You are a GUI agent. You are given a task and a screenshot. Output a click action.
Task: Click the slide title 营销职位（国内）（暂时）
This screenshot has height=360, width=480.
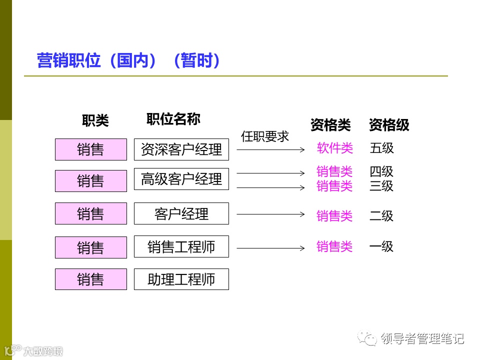(x=129, y=61)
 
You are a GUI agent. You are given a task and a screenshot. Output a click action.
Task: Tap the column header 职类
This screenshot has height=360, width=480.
(x=95, y=120)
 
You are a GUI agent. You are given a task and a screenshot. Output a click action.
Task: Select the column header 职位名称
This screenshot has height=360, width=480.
(x=173, y=119)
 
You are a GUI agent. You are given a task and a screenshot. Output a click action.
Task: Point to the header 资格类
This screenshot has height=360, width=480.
(x=330, y=125)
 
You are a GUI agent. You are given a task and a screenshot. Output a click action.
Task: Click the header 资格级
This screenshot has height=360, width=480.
(x=389, y=125)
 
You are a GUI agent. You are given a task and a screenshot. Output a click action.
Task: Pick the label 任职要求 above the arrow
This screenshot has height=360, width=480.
(x=265, y=136)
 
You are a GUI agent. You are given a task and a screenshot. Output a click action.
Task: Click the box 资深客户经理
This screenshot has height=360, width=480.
(x=181, y=149)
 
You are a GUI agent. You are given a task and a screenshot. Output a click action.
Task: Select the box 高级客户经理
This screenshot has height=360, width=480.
(x=181, y=179)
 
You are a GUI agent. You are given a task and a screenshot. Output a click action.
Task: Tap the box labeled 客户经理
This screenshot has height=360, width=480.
(x=181, y=213)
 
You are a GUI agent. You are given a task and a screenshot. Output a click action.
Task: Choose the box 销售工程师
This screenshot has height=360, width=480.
(x=181, y=246)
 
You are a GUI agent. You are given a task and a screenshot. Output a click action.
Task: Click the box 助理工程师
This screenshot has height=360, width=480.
(x=181, y=279)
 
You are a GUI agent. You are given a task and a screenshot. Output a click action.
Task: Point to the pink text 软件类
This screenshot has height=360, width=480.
(x=334, y=148)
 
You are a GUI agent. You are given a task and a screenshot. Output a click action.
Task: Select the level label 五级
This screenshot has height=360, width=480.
(x=382, y=148)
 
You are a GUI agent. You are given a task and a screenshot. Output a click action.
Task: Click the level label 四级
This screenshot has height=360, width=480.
(x=381, y=172)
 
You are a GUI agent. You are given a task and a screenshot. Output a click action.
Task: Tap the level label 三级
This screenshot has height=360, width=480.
(x=381, y=186)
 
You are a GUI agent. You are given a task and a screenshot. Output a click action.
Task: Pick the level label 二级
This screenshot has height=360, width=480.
(x=381, y=216)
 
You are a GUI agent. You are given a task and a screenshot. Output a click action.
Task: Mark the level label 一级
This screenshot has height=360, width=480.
(x=381, y=246)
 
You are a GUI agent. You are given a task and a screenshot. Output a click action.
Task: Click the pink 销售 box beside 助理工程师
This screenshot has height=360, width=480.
(x=90, y=279)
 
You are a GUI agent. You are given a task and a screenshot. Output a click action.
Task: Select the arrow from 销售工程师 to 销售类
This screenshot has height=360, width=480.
(x=270, y=248)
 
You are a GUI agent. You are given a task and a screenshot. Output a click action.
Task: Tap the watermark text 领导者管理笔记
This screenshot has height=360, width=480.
(x=422, y=338)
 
